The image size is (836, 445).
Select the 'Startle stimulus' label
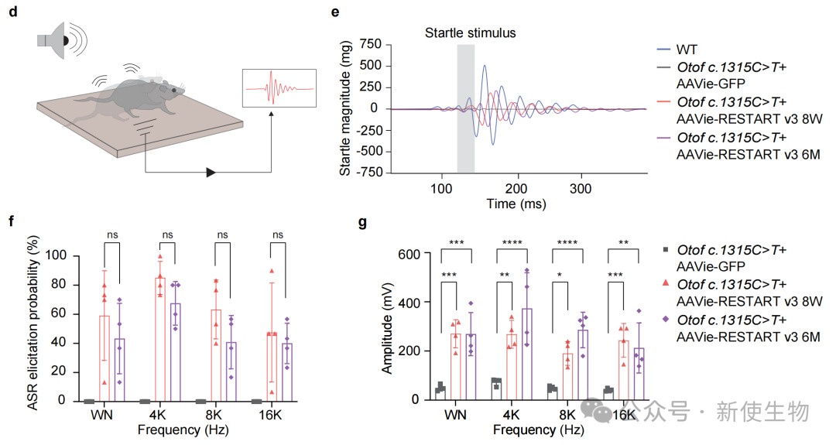pyautogui.click(x=470, y=33)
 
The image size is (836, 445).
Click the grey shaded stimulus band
pyautogui.click(x=465, y=108)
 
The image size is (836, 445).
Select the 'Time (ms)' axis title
pyautogui.click(x=516, y=204)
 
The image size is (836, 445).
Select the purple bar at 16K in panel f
pyautogui.click(x=286, y=371)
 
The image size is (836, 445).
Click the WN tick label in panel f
pyautogui.click(x=101, y=415)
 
